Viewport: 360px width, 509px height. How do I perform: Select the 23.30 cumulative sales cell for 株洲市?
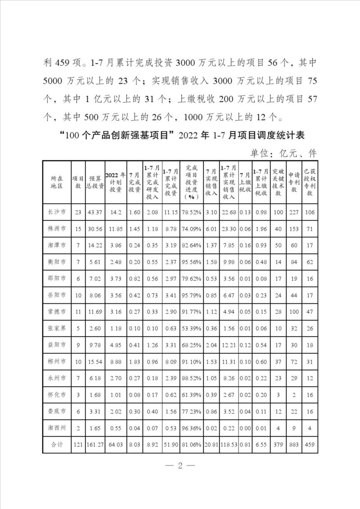click(x=229, y=229)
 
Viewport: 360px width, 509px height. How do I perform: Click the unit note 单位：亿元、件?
click(x=283, y=153)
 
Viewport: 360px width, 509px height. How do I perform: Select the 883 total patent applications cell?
click(x=294, y=445)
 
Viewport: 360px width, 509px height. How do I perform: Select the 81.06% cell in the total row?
click(x=191, y=445)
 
